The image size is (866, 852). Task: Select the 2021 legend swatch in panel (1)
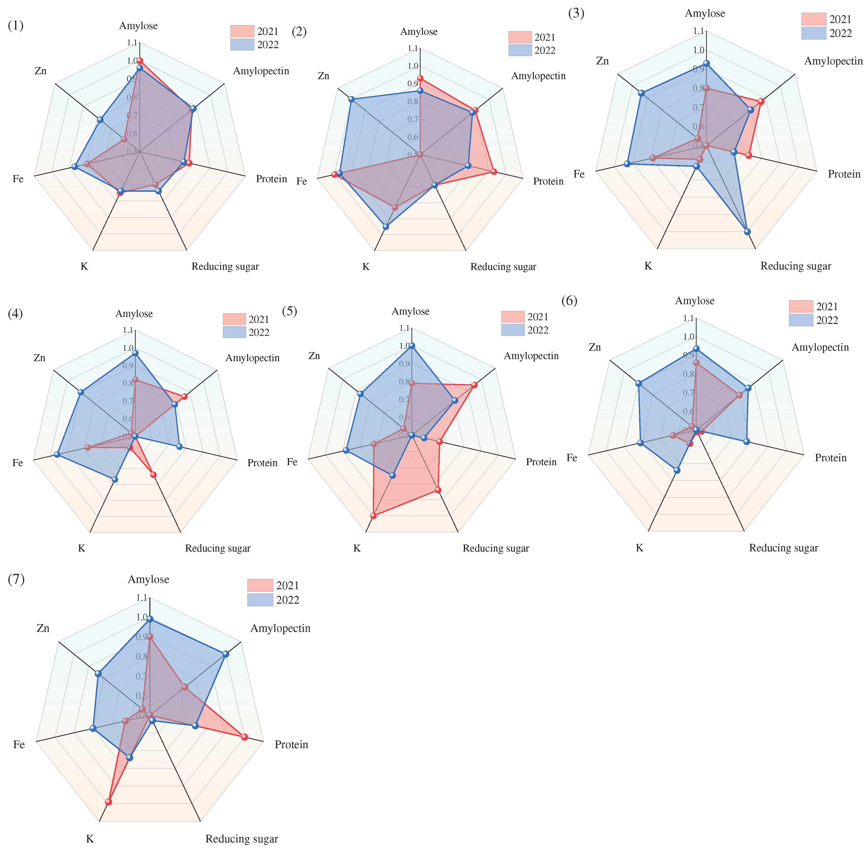point(242,31)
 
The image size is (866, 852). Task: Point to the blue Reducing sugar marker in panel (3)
point(747,231)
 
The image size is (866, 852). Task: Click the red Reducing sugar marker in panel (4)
point(153,474)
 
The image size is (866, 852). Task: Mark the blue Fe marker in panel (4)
point(57,454)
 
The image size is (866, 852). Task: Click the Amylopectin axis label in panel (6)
point(820,347)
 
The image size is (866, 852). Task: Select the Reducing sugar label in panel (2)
point(503,267)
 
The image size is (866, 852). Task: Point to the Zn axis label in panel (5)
point(314,356)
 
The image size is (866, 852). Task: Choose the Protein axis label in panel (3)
point(844,174)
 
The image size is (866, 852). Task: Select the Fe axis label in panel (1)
point(18,179)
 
